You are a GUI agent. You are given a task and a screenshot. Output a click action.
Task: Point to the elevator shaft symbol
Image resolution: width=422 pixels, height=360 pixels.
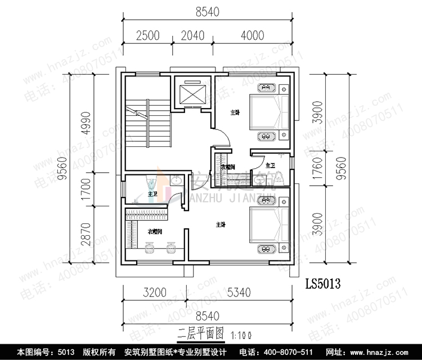click(192, 92)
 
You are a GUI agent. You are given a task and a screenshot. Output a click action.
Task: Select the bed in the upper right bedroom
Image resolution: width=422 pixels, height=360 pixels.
click(269, 111)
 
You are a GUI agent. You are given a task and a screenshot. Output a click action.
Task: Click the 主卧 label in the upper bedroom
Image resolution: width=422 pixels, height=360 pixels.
click(234, 112)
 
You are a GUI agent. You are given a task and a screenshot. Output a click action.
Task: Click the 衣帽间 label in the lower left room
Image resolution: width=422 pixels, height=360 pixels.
click(155, 231)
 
